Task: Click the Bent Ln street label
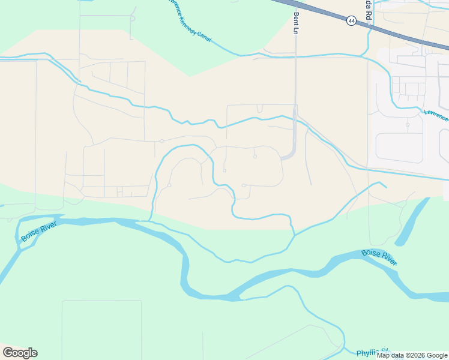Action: tap(297, 23)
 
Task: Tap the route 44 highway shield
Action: tap(351, 21)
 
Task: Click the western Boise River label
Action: tap(38, 230)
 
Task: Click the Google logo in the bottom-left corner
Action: tap(20, 353)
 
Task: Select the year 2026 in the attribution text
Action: tap(415, 356)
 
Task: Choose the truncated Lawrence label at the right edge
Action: tap(436, 115)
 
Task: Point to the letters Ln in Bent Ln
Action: tap(297, 29)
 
